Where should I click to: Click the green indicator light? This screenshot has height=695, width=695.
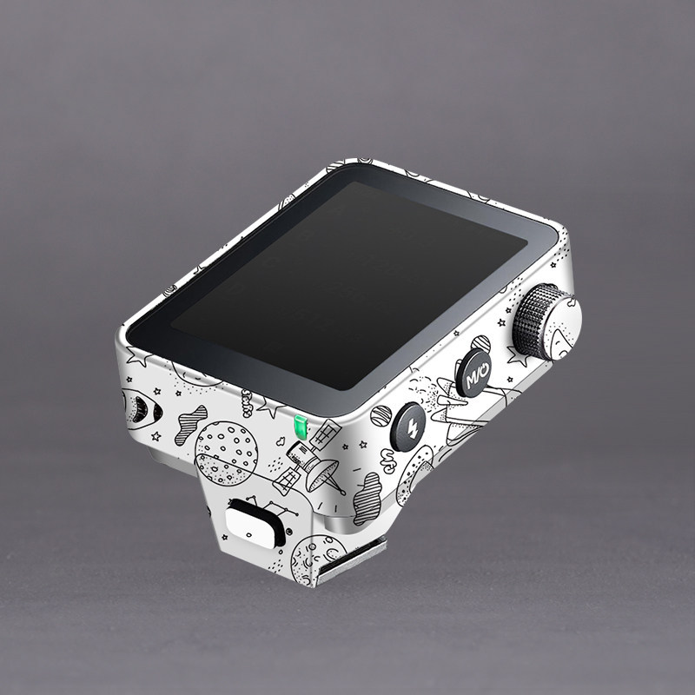(301, 427)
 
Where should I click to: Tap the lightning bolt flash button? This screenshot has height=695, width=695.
(407, 427)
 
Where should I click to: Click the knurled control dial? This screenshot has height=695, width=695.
(547, 321)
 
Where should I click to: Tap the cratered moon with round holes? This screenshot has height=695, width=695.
(226, 453)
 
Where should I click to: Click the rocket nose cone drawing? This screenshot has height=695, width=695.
(141, 409)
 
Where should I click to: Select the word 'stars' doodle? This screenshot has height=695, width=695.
(247, 403)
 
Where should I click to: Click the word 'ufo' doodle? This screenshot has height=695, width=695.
(388, 461)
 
